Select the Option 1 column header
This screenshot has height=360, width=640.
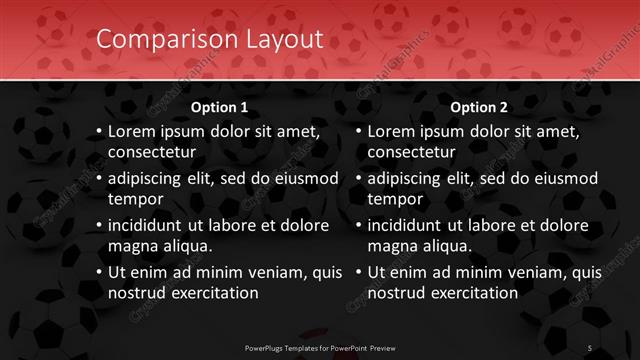tap(219, 107)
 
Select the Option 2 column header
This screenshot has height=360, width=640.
tap(479, 107)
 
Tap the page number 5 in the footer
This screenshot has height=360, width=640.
tap(590, 347)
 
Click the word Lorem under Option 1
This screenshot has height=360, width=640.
tap(131, 131)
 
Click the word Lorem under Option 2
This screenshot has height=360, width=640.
tap(391, 131)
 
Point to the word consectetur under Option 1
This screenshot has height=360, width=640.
tap(152, 152)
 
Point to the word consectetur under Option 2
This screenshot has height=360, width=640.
tap(412, 152)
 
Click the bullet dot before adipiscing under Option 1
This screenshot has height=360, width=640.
tap(99, 179)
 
